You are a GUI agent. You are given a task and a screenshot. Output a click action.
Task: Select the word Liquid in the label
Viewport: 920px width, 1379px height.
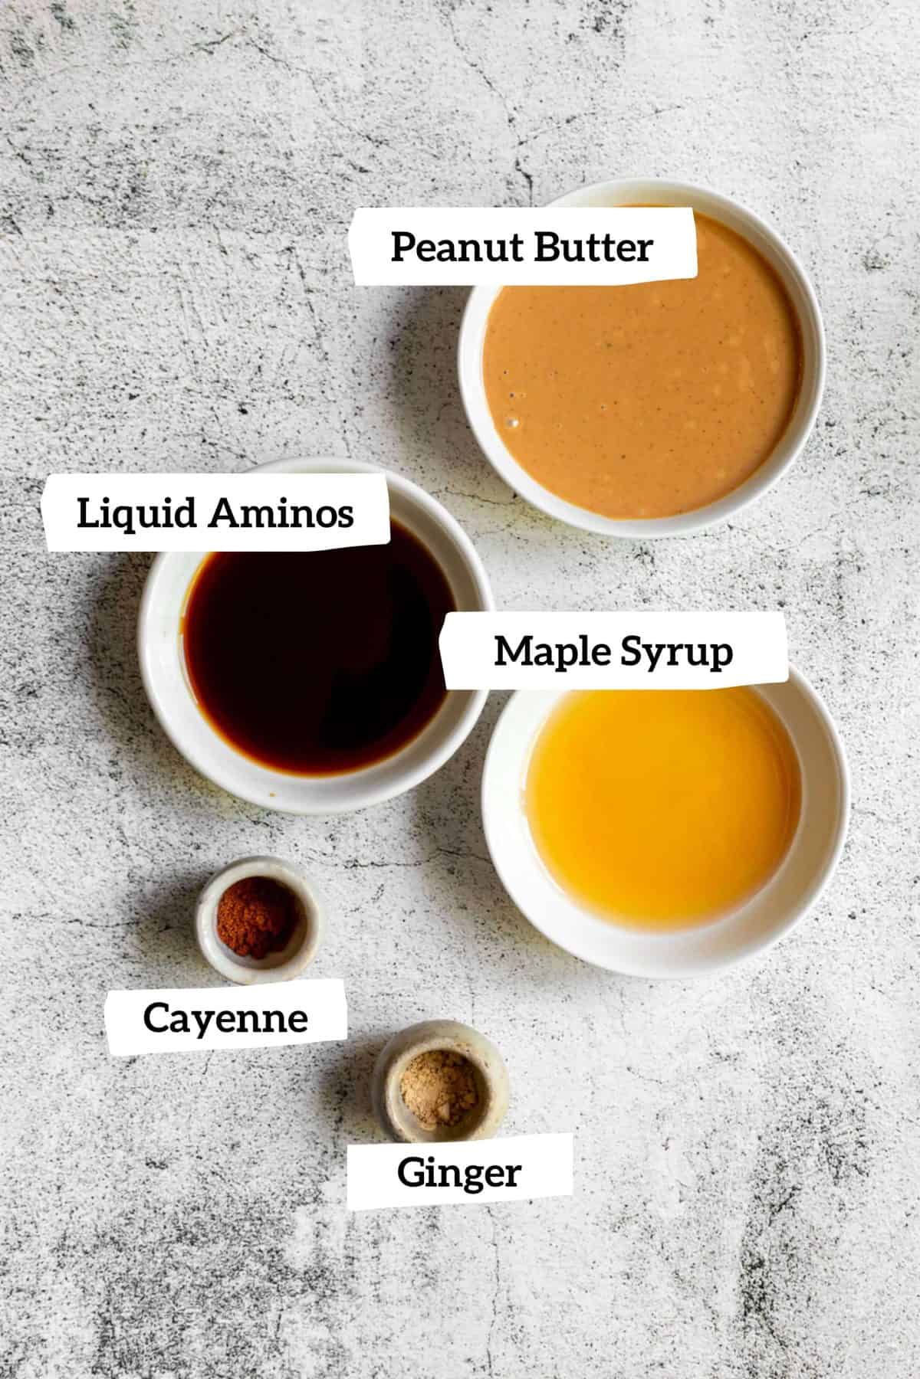click(136, 513)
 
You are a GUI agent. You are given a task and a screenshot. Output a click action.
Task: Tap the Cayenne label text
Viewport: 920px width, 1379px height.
click(225, 1018)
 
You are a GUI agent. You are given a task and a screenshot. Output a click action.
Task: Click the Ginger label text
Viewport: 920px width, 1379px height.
click(458, 1173)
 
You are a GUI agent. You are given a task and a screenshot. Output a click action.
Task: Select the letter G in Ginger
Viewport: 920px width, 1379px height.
click(410, 1173)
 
